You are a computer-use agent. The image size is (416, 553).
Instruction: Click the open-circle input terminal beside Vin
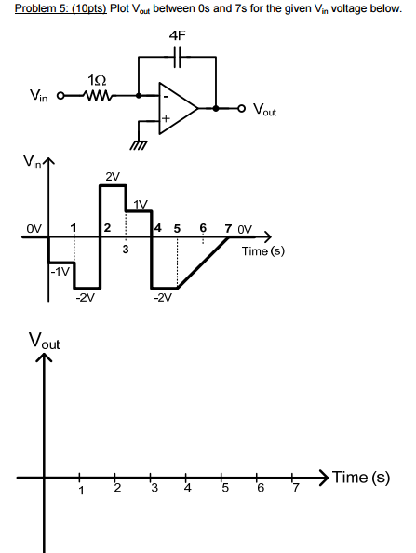[x=61, y=95]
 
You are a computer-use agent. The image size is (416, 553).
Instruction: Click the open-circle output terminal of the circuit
[x=242, y=108]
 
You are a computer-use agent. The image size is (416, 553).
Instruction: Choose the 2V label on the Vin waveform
[x=113, y=176]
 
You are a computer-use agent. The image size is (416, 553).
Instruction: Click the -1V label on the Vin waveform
[x=60, y=271]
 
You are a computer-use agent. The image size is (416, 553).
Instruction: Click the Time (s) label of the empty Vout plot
[x=361, y=478]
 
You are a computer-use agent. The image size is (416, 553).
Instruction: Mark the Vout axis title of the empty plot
[x=45, y=342]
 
